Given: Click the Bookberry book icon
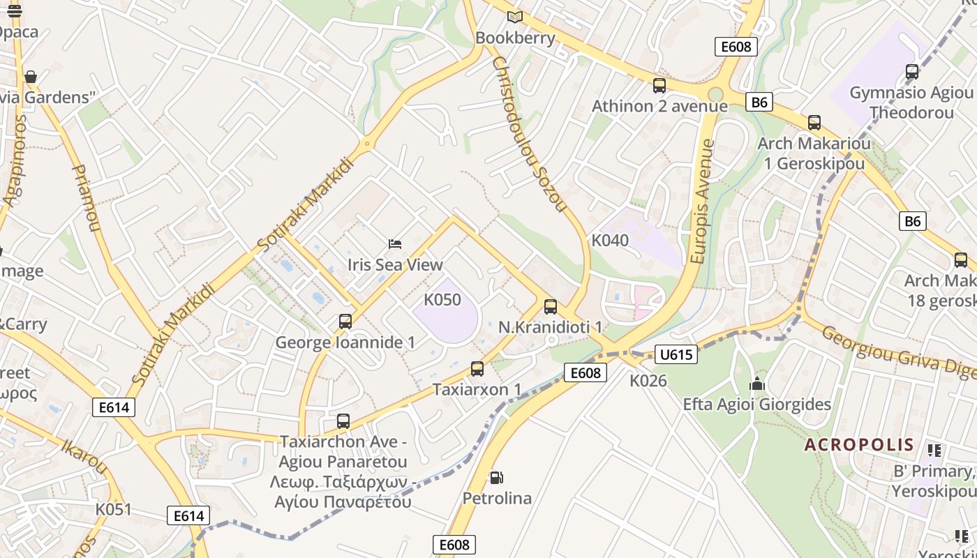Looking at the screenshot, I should click(515, 17).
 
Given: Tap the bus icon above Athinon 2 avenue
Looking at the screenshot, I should click(659, 86).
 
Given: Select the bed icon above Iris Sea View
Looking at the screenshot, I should click(395, 244).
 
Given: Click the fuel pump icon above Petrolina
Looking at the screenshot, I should click(496, 478).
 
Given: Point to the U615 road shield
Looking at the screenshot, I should click(676, 354).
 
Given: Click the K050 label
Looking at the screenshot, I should click(442, 300).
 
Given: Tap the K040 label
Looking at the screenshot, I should click(610, 241).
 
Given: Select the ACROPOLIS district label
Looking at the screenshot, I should click(859, 444).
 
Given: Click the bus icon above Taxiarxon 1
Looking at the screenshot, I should click(477, 369).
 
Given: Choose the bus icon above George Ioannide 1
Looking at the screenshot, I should click(345, 322).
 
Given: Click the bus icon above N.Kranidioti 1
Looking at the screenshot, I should click(551, 307).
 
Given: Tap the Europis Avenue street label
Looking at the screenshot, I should click(703, 202).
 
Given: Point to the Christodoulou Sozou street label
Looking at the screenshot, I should click(528, 133).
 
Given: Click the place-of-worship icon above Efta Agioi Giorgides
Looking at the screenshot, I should click(757, 384).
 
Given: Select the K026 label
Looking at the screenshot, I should click(648, 381).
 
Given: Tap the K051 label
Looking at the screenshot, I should click(113, 509).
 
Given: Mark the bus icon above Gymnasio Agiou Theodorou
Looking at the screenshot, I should click(911, 72).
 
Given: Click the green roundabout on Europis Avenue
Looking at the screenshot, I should click(715, 94).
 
